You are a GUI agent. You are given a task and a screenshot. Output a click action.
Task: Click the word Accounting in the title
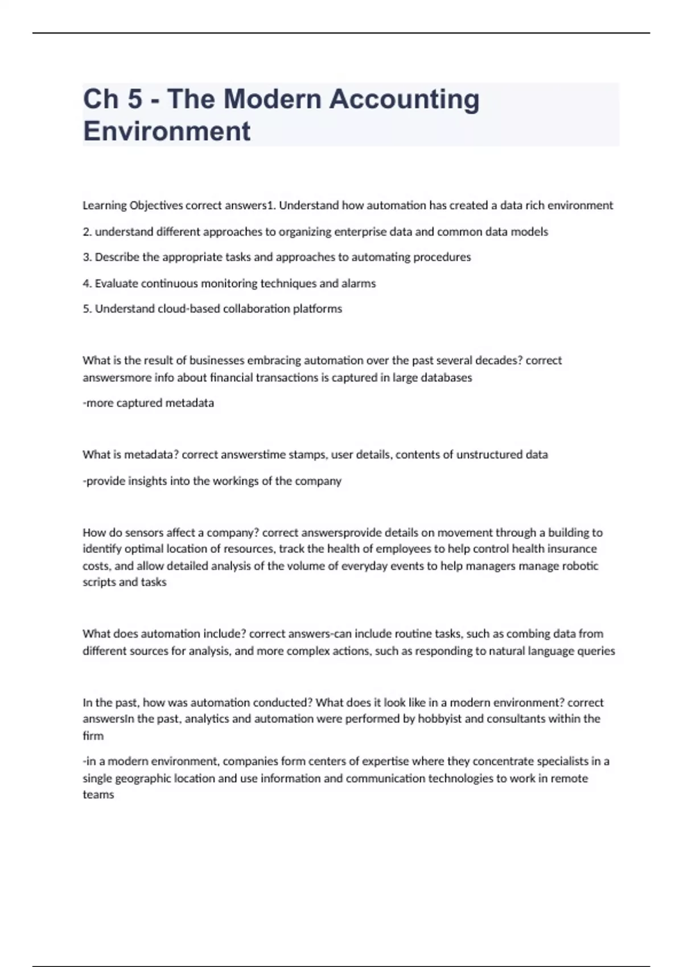point(404,99)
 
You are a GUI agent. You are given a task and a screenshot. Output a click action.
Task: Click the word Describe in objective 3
point(117,257)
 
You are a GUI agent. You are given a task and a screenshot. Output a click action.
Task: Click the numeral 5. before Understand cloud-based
point(87,309)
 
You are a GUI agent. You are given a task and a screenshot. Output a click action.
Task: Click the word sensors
point(144,533)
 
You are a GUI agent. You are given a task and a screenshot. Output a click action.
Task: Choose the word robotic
point(580,566)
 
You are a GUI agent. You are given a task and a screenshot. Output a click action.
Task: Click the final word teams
point(98,795)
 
